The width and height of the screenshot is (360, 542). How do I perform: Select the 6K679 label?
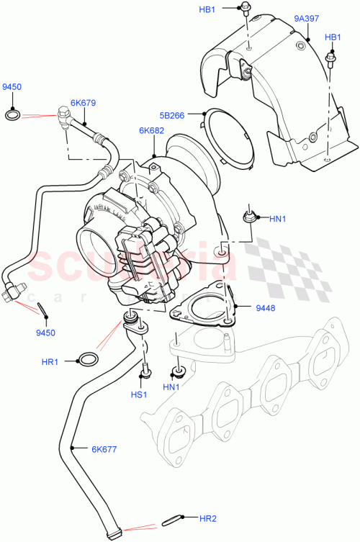pyautogui.click(x=83, y=102)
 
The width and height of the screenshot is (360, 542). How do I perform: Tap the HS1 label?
pyautogui.click(x=139, y=394)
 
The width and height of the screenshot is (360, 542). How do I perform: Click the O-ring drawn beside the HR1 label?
pyautogui.click(x=88, y=359)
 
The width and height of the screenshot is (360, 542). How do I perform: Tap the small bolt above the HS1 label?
pyautogui.click(x=145, y=371)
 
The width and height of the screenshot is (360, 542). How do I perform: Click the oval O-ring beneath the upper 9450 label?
pyautogui.click(x=12, y=113)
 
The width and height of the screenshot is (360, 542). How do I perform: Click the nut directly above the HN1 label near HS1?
pyautogui.click(x=175, y=373)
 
